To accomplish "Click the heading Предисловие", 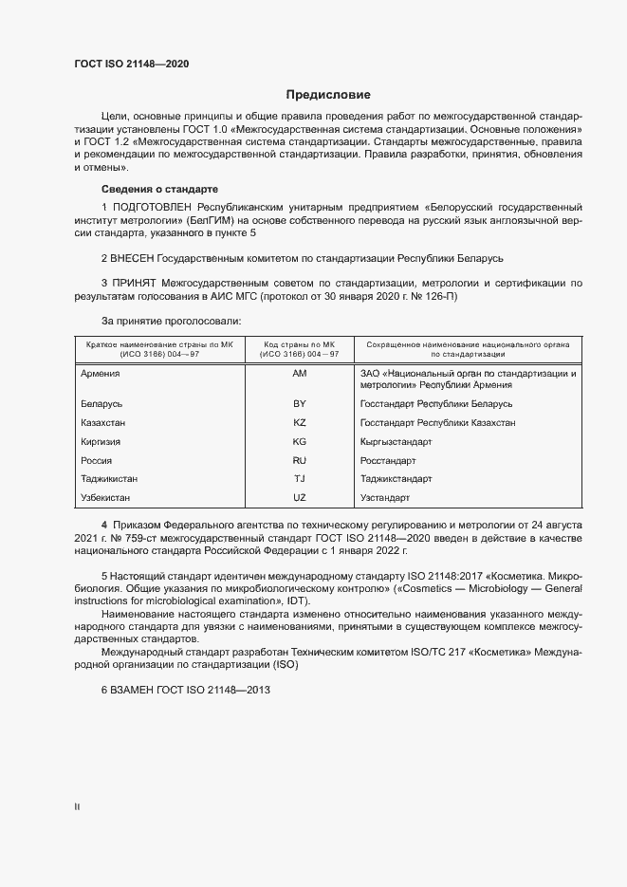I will tap(328, 95).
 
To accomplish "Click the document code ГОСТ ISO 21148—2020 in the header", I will tap(132, 64).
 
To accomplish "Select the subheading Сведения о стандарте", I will tap(159, 189).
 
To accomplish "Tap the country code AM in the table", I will tap(300, 374).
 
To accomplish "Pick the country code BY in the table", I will tap(300, 404).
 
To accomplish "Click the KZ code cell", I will tap(300, 423).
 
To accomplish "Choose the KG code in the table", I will tap(300, 442).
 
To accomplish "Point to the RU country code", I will tap(300, 460).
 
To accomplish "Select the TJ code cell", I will tap(300, 479).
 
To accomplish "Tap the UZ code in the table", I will tap(300, 497).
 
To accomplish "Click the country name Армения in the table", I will tap(101, 374).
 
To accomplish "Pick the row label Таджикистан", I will tap(111, 479).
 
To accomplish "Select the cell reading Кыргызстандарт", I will tap(396, 442).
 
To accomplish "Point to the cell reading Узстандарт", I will tap(385, 497).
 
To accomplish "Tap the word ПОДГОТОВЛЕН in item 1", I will tap(152, 207).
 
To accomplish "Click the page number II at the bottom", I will tap(77, 806).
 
